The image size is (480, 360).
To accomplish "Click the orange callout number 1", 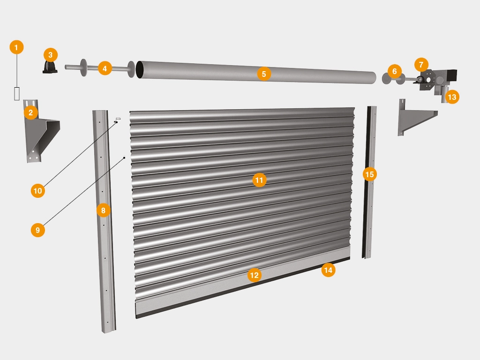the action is pyautogui.click(x=16, y=47).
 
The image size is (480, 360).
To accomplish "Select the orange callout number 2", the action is pyautogui.click(x=30, y=112).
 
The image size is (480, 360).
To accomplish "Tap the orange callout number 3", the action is pyautogui.click(x=51, y=55).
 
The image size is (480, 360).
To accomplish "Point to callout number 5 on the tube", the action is pyautogui.click(x=264, y=74).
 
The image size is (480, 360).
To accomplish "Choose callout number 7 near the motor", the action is pyautogui.click(x=421, y=65).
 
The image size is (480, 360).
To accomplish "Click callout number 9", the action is pyautogui.click(x=37, y=230).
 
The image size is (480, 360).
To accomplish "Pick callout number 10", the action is pyautogui.click(x=37, y=191).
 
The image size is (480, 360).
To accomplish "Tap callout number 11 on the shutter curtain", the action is pyautogui.click(x=259, y=180).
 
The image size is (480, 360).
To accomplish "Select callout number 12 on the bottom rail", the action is pyautogui.click(x=255, y=275).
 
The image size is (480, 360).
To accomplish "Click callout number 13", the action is pyautogui.click(x=452, y=97).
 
